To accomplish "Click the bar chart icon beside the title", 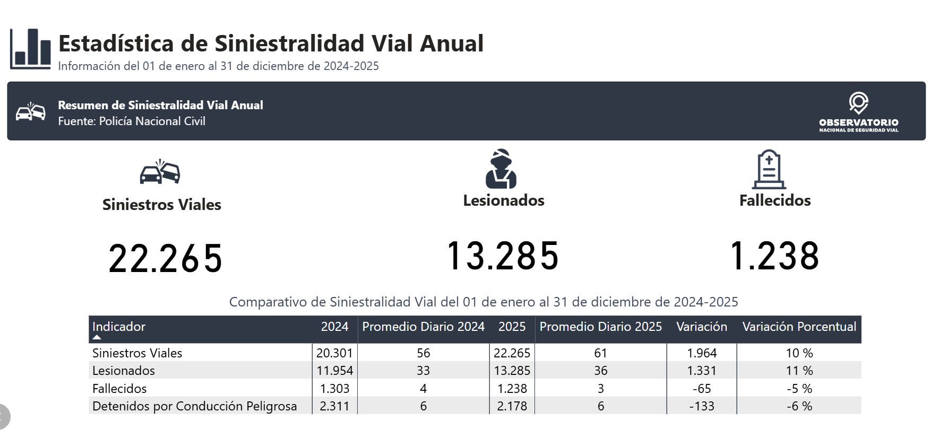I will [30, 49].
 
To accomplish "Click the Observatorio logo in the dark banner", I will [858, 112].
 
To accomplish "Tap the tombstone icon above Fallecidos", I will [769, 170].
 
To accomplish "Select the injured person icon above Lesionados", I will [501, 169].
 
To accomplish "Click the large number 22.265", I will [165, 259].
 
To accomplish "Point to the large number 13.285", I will [503, 256].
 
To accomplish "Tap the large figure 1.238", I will [774, 256].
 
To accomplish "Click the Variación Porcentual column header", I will [799, 327].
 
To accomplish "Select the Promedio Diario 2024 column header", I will [423, 327].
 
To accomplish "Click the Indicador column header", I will [119, 327].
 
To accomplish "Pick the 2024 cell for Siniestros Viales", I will [334, 353].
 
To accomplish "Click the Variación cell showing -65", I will [701, 389].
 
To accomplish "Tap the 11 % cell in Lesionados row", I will [799, 371].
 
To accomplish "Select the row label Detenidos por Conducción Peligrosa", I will [194, 406].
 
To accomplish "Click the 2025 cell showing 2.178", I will [512, 406].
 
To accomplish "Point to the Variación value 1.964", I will [701, 353].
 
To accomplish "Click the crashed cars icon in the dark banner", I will [30, 112].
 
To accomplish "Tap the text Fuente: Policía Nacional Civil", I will [132, 121].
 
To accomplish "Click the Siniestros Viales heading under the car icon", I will [161, 205].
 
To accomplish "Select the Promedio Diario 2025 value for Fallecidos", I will [600, 389].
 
